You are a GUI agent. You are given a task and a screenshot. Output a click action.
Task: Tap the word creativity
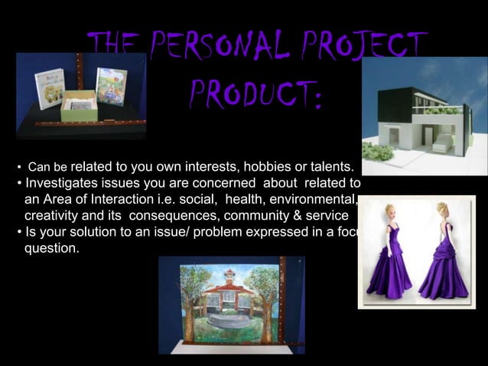coord(53,217)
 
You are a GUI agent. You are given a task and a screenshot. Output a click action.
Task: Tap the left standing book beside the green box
coord(49,90)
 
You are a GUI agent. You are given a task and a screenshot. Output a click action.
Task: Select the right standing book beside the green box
coord(112,87)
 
